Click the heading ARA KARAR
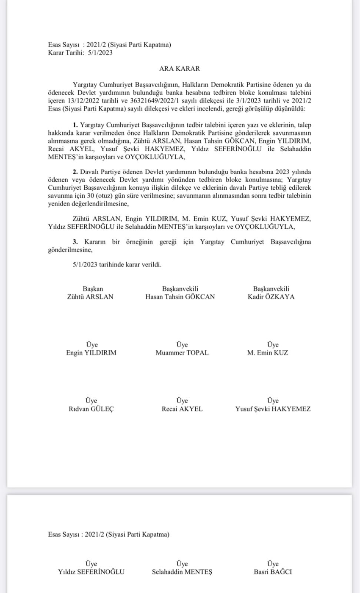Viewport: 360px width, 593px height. tap(180, 68)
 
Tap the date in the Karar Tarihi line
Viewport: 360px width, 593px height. tap(100, 53)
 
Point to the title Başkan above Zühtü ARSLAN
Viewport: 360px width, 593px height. tap(93, 288)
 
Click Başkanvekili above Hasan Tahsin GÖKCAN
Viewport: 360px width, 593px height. tap(180, 288)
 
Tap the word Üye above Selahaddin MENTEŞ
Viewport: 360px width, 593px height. tap(182, 564)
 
